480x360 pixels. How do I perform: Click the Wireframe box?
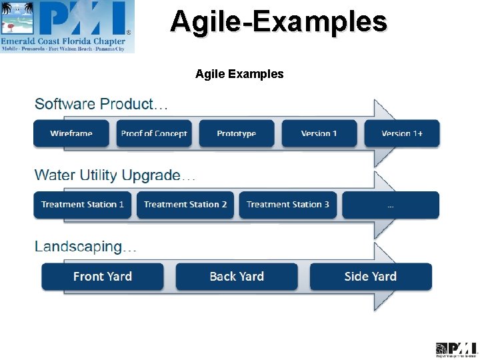point(71,133)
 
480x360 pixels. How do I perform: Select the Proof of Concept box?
point(154,133)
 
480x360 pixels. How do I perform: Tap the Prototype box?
point(237,133)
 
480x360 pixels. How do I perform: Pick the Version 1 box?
point(319,133)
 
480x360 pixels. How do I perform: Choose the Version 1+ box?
point(402,133)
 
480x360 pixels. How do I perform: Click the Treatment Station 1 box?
point(83,205)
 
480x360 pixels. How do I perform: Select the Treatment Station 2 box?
point(185,205)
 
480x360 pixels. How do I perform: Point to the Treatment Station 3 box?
point(288,205)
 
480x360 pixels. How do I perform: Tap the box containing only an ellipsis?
point(391,205)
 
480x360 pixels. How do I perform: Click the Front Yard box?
point(103,277)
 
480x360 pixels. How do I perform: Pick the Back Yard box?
point(237,277)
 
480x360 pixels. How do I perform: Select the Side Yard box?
point(371,277)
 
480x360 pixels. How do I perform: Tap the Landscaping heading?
point(85,247)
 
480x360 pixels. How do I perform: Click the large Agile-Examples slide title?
point(278,21)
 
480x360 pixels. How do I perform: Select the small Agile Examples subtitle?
point(239,74)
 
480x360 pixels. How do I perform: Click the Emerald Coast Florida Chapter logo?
point(67,27)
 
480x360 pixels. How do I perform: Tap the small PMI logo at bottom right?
point(457,349)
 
